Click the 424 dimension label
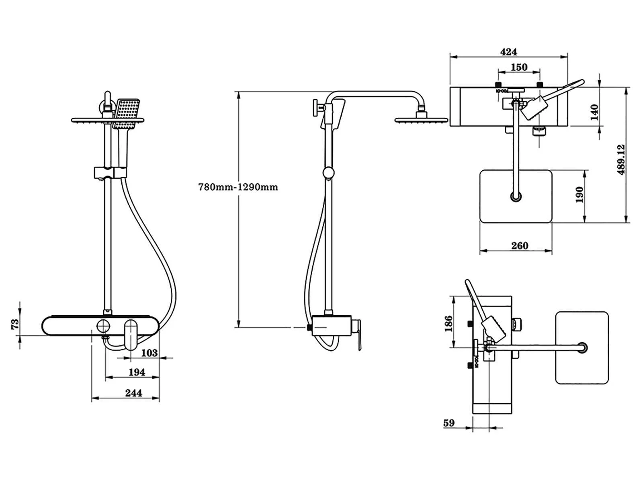pos(508,52)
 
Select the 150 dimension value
pos(519,67)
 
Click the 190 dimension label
pos(579,195)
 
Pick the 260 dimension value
pos(519,245)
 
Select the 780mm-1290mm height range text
pos(238,187)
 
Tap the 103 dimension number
pos(149,353)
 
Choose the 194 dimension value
pos(137,372)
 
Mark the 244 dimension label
pos(133,393)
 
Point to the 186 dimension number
pos(448,323)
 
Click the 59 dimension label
pos(448,423)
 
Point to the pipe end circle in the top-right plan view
pos(516,197)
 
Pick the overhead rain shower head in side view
pos(420,119)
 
